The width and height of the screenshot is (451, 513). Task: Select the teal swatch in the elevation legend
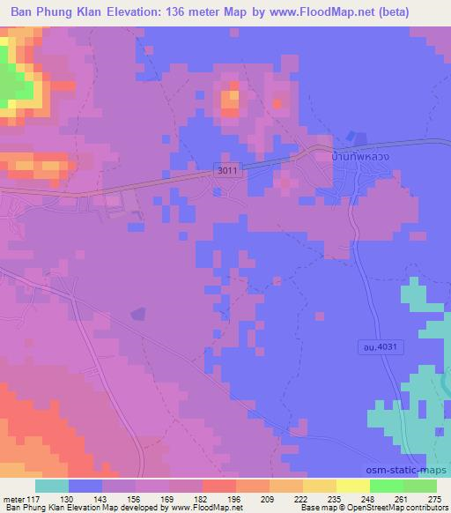pos(52,486)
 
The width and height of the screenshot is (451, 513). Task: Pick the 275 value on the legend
pos(433,498)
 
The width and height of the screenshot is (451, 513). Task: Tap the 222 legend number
pos(302,498)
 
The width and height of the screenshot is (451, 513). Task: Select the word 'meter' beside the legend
pos(12,498)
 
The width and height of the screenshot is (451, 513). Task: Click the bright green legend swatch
pos(388,486)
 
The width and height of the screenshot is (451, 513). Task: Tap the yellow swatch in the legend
pos(354,486)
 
